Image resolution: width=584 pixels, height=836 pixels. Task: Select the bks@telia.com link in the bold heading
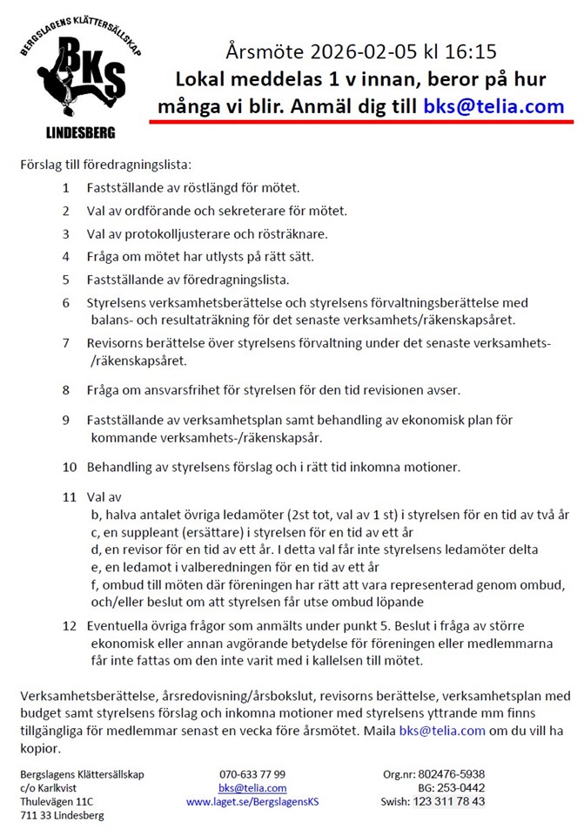pos(493,107)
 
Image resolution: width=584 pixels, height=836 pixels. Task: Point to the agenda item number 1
pos(66,187)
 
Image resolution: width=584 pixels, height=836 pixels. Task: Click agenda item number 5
pos(66,280)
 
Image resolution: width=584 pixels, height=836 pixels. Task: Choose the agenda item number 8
pos(66,388)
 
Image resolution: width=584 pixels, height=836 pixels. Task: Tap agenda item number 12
pos(70,625)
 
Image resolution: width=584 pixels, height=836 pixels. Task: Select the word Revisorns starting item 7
pos(115,343)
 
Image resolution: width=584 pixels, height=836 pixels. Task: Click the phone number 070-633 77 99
pos(252,774)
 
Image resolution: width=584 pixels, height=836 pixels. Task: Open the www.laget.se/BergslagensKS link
pos(253,802)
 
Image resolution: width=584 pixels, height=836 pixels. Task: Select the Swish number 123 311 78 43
pos(448,802)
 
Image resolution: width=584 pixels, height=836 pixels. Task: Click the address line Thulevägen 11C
pos(57,802)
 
